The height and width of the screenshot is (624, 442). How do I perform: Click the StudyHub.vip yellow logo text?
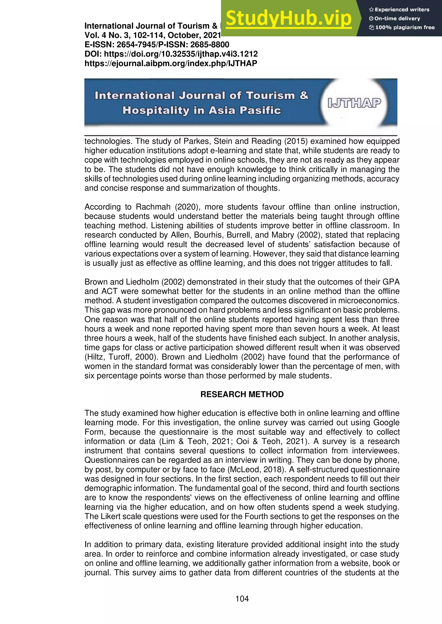coord(289,19)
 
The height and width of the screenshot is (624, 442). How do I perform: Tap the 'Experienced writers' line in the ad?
coord(399,9)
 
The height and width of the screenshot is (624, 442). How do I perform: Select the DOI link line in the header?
coord(171,54)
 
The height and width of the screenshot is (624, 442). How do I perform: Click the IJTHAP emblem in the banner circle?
coord(354,103)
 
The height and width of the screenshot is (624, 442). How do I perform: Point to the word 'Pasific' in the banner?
coord(260,111)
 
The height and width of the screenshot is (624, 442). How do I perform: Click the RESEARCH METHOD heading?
coord(242,394)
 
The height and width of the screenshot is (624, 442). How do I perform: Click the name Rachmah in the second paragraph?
coord(153,207)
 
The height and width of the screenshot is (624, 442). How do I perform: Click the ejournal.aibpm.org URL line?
coord(171,63)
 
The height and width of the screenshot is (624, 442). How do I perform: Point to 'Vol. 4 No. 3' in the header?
coord(107,35)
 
